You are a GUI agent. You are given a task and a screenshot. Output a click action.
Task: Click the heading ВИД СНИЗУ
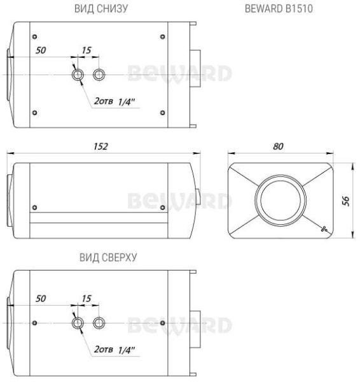101,9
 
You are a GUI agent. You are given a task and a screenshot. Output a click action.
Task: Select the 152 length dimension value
100,146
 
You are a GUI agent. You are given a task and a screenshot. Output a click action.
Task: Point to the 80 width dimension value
278,146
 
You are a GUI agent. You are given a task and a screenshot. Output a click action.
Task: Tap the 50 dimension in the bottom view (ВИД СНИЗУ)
41,49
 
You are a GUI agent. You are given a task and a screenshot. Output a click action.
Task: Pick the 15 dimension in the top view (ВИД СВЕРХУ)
87,297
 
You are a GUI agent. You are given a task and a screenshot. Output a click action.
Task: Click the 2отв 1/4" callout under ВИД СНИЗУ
114,101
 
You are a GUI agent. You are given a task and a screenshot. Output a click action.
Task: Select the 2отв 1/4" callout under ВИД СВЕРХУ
114,349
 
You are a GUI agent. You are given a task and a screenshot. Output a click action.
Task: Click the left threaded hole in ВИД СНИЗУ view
78,75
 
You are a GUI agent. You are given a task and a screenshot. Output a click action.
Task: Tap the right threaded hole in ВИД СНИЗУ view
99,75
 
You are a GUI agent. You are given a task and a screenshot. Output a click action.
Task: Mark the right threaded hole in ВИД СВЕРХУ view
99,323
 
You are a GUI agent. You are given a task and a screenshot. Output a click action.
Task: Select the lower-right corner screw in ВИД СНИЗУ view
163,113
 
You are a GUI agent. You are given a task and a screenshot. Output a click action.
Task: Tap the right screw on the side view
163,207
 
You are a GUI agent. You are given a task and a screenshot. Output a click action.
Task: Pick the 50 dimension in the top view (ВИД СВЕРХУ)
41,297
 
